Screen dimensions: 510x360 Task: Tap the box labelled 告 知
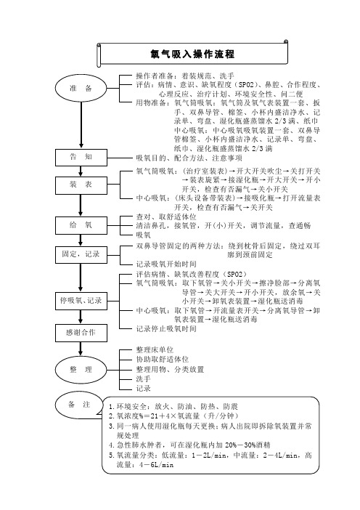[85, 156]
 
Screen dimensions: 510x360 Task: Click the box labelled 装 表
[85, 185]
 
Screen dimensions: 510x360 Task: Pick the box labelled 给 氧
[85, 225]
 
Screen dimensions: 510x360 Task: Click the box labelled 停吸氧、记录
[85, 301]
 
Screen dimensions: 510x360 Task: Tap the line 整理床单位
[156, 350]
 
